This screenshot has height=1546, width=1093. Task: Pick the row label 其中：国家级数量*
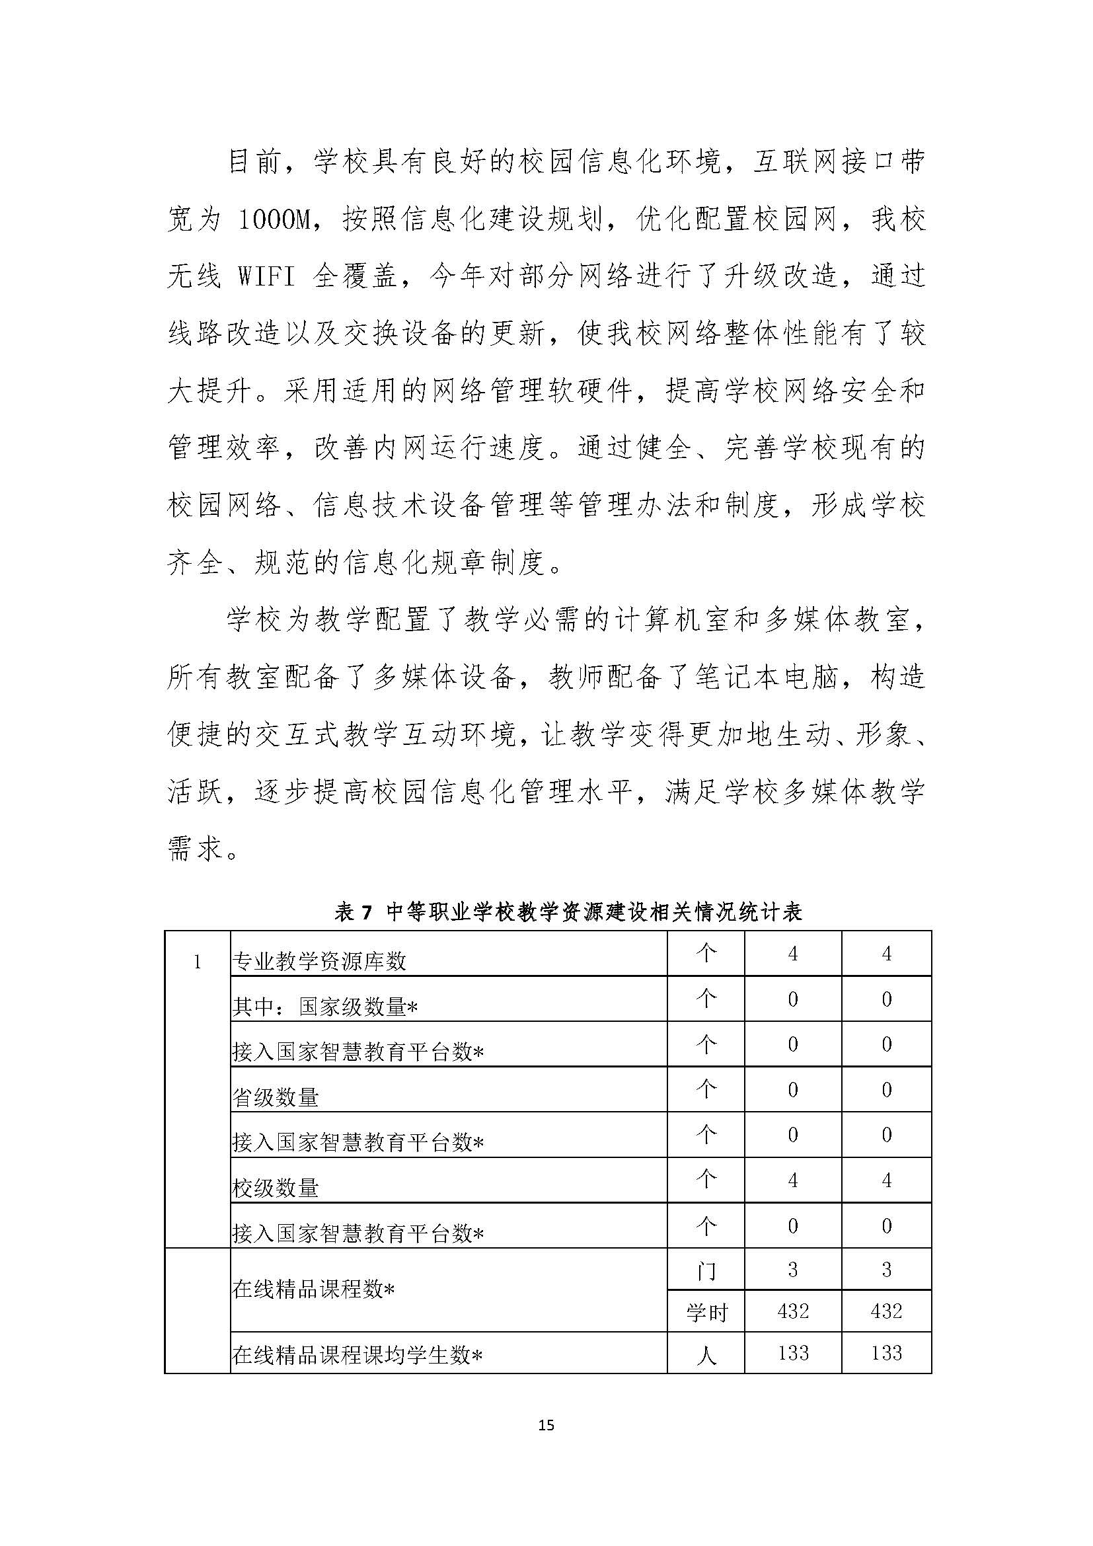pyautogui.click(x=325, y=1007)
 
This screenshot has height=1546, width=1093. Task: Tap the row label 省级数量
pyautogui.click(x=276, y=1099)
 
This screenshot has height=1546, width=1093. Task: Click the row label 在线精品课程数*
pyautogui.click(x=313, y=1290)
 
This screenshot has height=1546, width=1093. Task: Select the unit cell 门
pyautogui.click(x=706, y=1270)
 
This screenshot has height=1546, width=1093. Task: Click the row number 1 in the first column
pyautogui.click(x=197, y=962)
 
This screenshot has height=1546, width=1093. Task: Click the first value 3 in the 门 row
pyautogui.click(x=793, y=1270)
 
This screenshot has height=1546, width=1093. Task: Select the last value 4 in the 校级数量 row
pyautogui.click(x=886, y=1180)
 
